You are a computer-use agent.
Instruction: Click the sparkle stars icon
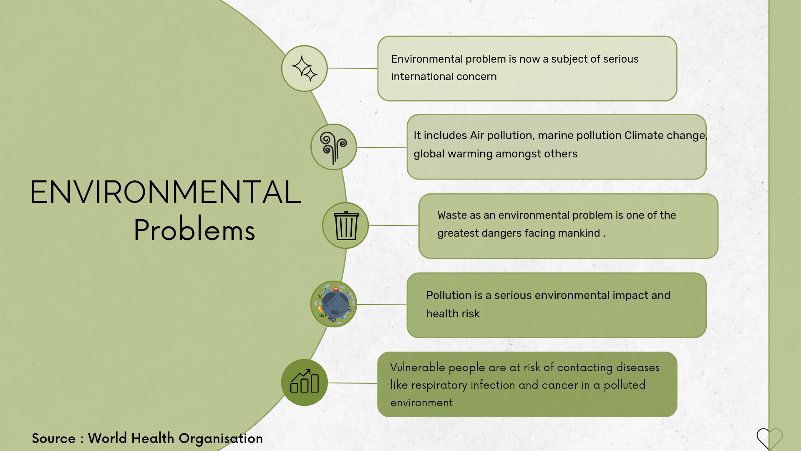(305, 68)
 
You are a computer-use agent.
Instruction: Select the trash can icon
(346, 225)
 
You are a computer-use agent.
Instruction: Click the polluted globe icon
(334, 304)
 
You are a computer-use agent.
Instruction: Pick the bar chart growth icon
(305, 381)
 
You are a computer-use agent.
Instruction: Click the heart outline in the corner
(770, 438)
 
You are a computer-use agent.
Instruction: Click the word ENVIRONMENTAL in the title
(166, 192)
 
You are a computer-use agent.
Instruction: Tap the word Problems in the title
(194, 229)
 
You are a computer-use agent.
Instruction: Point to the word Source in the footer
(54, 438)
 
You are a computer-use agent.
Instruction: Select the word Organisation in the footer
(221, 439)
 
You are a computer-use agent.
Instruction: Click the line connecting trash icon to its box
(393, 225)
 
